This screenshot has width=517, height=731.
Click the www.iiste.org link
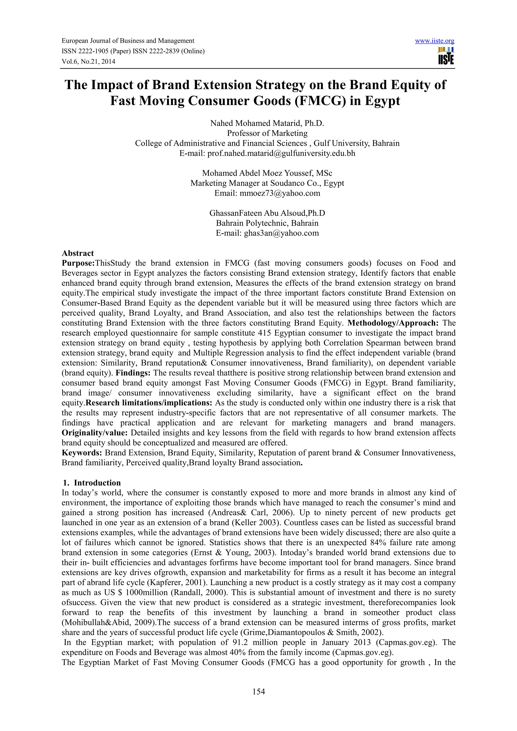click(x=434, y=41)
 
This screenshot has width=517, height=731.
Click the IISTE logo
click(x=446, y=56)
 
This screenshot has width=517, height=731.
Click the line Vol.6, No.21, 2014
click(x=88, y=62)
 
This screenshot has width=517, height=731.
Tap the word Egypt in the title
click(x=382, y=101)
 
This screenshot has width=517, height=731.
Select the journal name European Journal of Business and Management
click(x=128, y=41)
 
